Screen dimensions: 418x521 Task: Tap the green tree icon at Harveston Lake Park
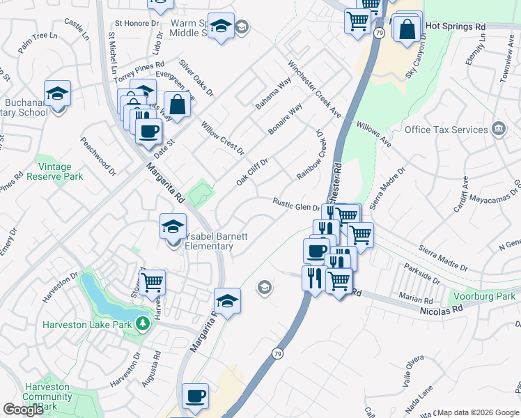tap(142, 323)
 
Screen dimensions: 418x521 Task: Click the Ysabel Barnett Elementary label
tap(216, 241)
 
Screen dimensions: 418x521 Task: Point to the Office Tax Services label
tap(446, 130)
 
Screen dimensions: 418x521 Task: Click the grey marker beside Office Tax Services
tap(499, 129)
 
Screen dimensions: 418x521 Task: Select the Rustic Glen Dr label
tap(295, 204)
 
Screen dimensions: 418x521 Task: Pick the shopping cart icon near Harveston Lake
tap(152, 283)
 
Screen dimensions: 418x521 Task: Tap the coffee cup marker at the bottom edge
tap(195, 396)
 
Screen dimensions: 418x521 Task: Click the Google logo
tap(24, 410)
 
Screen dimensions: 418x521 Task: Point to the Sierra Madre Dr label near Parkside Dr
tap(443, 258)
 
